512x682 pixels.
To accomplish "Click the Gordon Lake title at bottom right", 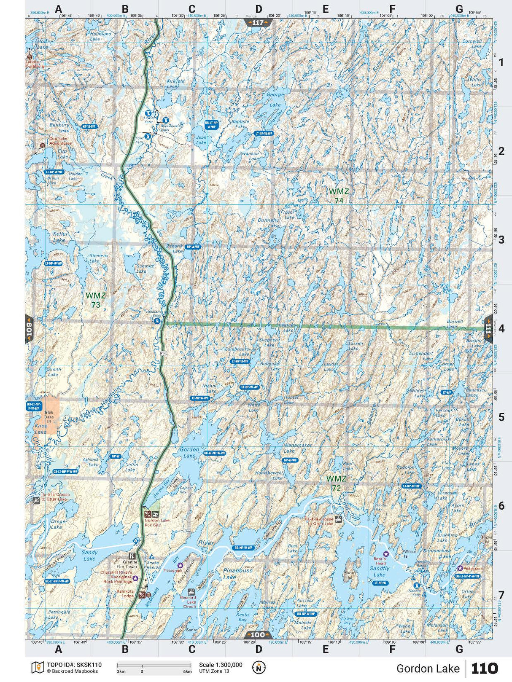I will pyautogui.click(x=428, y=669).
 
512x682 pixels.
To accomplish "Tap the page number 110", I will pyautogui.click(x=485, y=669).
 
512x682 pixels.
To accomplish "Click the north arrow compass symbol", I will pyautogui.click(x=259, y=667).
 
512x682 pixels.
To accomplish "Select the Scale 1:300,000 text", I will pyautogui.click(x=221, y=665).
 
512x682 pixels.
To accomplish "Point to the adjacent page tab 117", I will pyautogui.click(x=258, y=23).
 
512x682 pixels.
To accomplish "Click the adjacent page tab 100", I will pyautogui.click(x=258, y=635).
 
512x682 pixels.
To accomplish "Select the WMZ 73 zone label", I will pyautogui.click(x=95, y=300).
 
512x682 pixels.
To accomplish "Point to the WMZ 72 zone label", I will pyautogui.click(x=336, y=483).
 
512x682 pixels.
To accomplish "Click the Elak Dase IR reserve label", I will pyautogui.click(x=49, y=417).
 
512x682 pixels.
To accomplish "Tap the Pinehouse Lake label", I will pyautogui.click(x=238, y=573).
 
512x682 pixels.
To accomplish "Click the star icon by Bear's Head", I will pyautogui.click(x=385, y=554).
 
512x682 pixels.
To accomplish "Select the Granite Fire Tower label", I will pyautogui.click(x=130, y=564).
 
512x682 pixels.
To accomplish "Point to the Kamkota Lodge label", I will pyautogui.click(x=125, y=593).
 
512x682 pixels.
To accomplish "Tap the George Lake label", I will pyautogui.click(x=275, y=99).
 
